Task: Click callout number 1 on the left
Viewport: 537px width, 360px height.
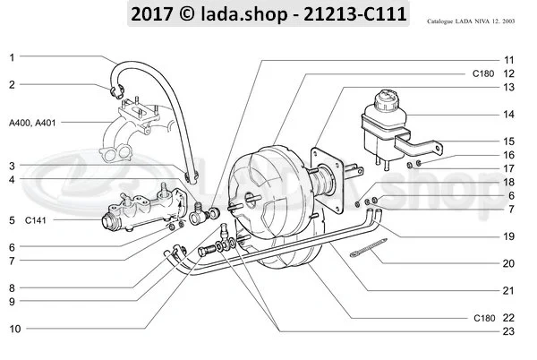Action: coord(12,57)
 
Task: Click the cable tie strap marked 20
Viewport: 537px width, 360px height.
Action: coord(362,253)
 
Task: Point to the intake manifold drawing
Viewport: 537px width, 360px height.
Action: coord(134,134)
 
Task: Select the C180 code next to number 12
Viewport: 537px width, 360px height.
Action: coord(482,73)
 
